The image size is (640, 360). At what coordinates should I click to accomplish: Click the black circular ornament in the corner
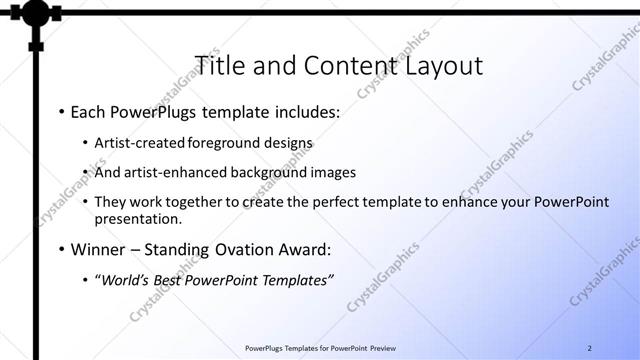coord(36,14)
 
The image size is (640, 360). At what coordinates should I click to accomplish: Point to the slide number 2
coord(590,347)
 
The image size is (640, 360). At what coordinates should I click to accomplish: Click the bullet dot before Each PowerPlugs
coord(61,113)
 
